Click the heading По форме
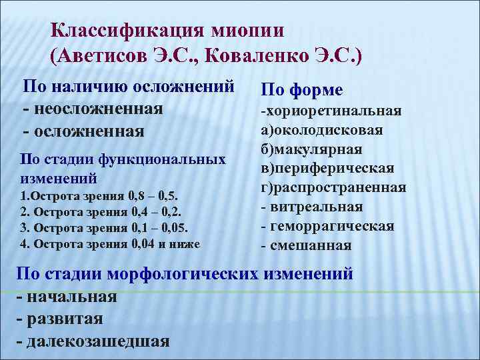click(301, 90)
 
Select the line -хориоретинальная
click(331, 110)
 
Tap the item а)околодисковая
click(321, 129)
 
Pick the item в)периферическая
click(327, 168)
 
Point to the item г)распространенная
click(333, 187)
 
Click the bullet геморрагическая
click(331, 226)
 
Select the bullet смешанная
click(310, 245)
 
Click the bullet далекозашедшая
click(96, 341)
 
